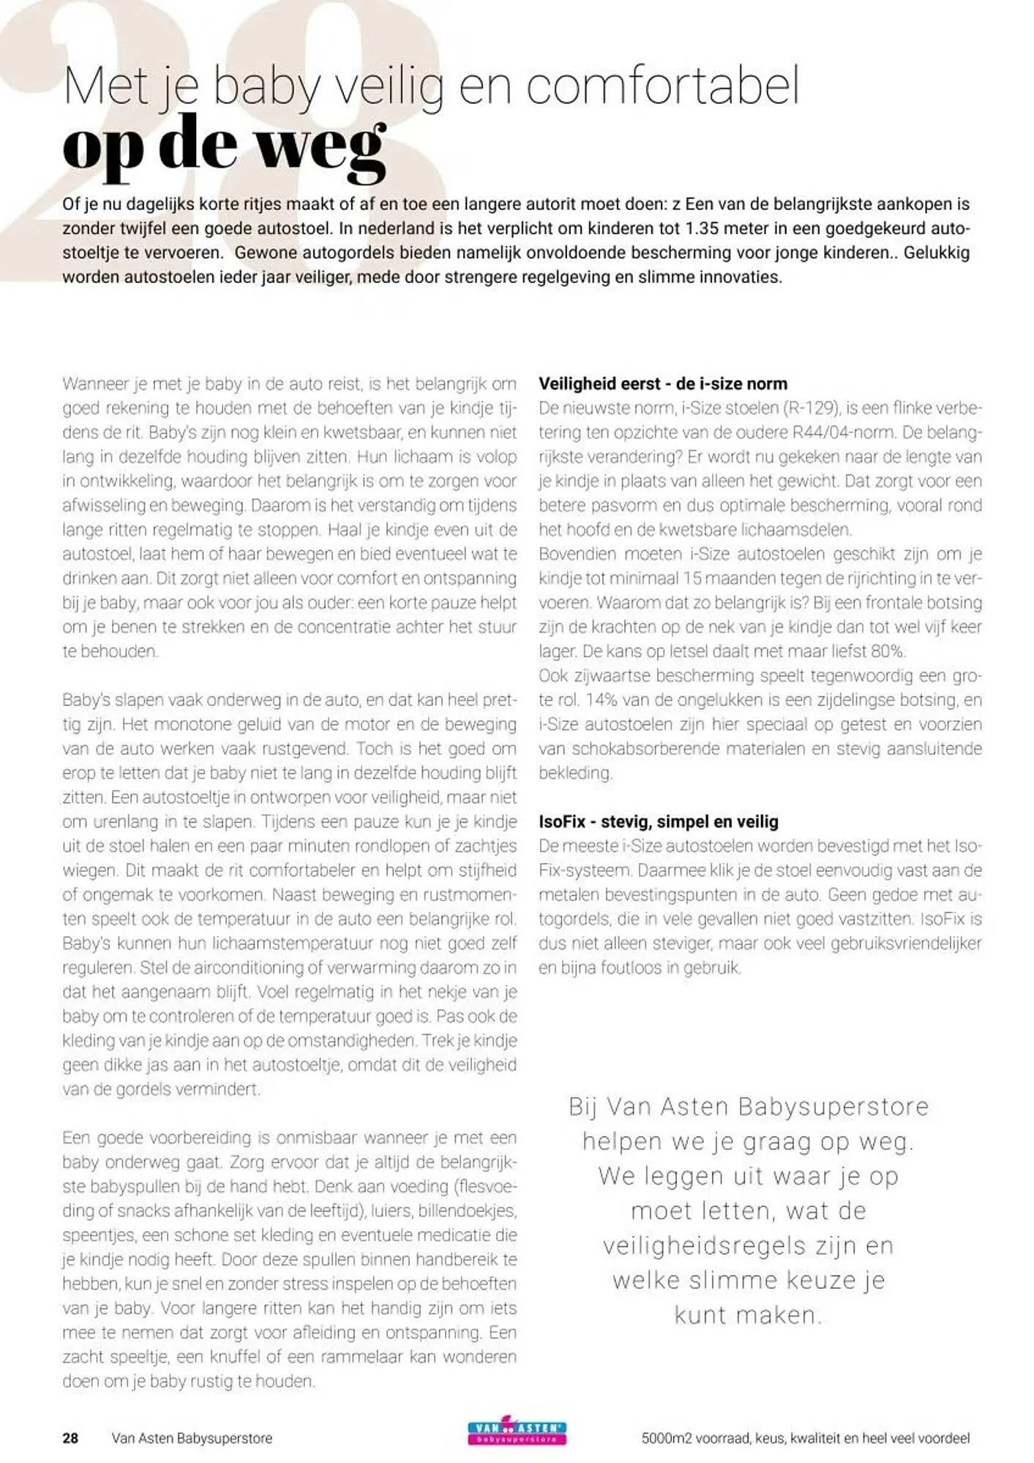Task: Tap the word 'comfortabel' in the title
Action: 662,86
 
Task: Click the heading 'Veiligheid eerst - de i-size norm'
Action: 663,383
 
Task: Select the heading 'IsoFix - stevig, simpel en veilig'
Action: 658,821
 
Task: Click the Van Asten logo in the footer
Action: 517,1437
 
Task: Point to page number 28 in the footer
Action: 70,1438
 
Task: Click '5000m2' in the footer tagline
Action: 667,1438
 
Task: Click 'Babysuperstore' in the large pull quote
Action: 832,1107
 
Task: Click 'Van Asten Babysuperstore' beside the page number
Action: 192,1438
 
